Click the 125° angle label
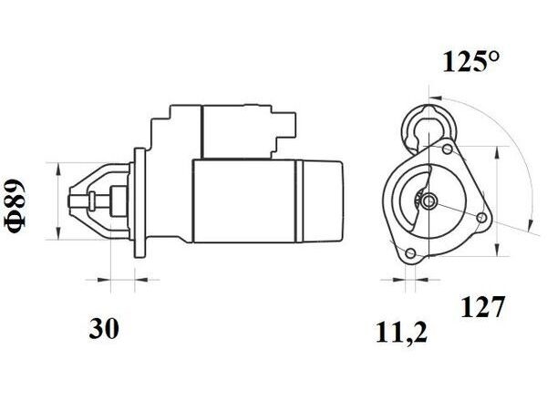(471, 61)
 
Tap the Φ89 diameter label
(15, 206)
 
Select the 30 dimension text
(104, 328)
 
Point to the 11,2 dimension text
(401, 333)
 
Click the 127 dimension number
(483, 306)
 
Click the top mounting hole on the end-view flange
(448, 149)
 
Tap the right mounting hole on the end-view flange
(482, 218)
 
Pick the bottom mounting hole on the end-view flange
(410, 253)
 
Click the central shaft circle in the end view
(428, 201)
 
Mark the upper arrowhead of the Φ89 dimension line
(58, 170)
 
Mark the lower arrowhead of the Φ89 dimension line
(58, 232)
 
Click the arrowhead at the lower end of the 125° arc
(531, 224)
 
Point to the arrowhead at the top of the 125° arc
(435, 98)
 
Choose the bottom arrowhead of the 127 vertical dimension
(498, 250)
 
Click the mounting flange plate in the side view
(139, 203)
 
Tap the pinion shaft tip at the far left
(70, 200)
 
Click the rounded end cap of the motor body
(322, 201)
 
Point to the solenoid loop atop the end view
(429, 128)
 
